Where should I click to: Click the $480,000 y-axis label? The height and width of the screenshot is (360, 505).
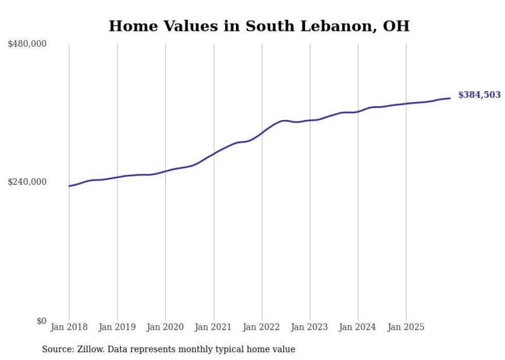click(27, 44)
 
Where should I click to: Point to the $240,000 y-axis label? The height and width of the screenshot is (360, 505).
click(27, 182)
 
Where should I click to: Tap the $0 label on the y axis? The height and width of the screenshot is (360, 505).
click(41, 321)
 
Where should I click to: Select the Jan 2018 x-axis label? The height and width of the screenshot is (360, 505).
click(69, 327)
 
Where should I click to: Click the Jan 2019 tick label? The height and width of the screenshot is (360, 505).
click(117, 327)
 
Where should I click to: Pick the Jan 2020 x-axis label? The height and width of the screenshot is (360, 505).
click(165, 327)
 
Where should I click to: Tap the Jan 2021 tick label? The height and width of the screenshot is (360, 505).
click(213, 327)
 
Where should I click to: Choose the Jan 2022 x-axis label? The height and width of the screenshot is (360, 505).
click(262, 327)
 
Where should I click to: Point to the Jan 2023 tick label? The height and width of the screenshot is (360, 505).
click(310, 327)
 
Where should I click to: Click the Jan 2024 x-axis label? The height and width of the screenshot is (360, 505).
click(358, 327)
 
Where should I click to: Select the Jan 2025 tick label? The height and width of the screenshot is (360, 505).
click(406, 327)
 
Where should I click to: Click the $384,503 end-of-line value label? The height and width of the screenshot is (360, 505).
click(479, 95)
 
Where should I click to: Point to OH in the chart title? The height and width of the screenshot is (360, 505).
click(396, 26)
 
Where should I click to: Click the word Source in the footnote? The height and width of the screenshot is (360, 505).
click(57, 349)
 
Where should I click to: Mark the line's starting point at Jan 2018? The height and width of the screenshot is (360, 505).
click(69, 186)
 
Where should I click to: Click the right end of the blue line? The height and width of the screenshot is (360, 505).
click(450, 98)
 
